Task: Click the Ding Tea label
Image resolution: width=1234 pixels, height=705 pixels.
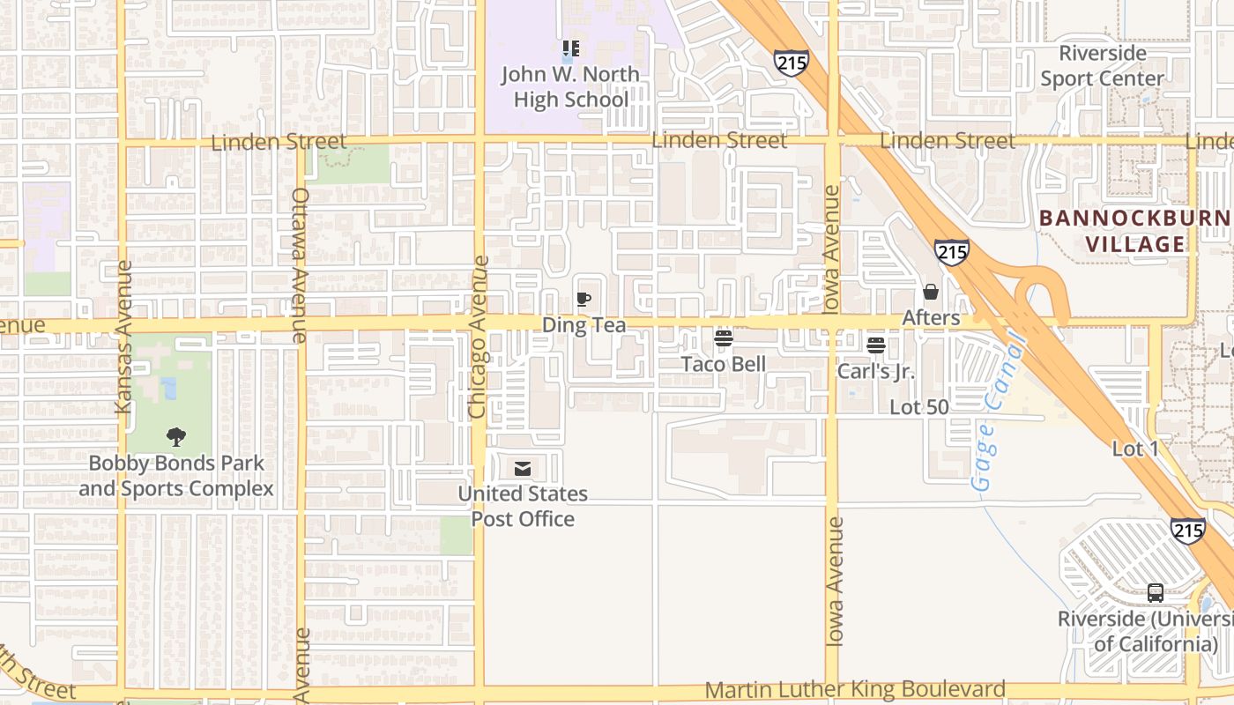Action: tap(584, 325)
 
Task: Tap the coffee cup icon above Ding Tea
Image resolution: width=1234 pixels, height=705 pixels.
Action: tap(583, 300)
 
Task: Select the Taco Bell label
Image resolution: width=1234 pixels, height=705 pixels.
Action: tap(723, 364)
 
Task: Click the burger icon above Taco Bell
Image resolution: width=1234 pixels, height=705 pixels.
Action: tap(724, 339)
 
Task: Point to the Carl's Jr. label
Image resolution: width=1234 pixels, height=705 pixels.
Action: tap(875, 371)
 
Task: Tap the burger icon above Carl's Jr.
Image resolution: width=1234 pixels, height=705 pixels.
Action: tap(875, 345)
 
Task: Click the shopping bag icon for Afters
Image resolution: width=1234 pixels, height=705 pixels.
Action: tap(931, 292)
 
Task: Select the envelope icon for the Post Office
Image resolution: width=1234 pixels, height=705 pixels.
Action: tap(523, 469)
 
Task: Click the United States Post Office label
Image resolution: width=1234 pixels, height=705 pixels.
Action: tap(523, 506)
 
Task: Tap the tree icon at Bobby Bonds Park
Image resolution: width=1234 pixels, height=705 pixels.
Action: tap(176, 436)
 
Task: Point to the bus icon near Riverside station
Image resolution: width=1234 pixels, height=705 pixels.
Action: tap(1156, 593)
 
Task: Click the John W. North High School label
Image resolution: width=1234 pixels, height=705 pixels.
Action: tap(570, 86)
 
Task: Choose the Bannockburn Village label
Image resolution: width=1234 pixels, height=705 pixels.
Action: tap(1134, 231)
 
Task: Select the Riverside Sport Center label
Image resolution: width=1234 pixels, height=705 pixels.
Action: tap(1102, 66)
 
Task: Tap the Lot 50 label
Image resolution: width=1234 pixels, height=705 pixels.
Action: tap(919, 407)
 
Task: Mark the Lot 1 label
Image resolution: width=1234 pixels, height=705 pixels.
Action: tap(1135, 449)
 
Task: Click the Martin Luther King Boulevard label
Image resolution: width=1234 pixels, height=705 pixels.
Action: tap(855, 689)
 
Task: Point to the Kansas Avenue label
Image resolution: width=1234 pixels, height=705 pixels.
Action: tap(123, 337)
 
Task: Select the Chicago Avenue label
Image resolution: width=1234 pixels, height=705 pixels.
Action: tap(479, 337)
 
